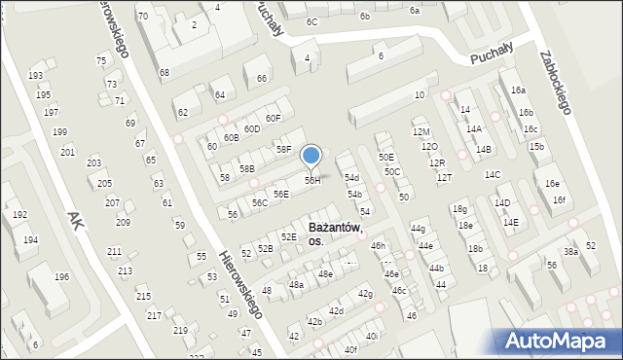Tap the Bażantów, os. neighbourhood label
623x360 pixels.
tap(334, 234)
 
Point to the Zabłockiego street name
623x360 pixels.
tap(554, 83)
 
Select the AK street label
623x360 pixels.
tap(74, 223)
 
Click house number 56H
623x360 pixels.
tap(312, 181)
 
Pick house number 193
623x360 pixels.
tap(36, 76)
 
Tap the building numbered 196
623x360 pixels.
tap(61, 277)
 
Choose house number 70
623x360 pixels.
tap(143, 17)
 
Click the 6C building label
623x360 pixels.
tap(311, 21)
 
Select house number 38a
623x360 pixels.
tap(570, 251)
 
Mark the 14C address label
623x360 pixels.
tap(493, 175)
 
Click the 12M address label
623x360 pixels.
tap(421, 131)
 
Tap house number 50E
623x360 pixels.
tap(386, 157)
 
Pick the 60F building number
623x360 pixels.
tap(273, 119)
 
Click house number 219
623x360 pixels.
tap(179, 331)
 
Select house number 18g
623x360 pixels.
tap(459, 209)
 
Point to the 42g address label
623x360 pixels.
tap(365, 293)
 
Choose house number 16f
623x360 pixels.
tap(559, 200)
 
